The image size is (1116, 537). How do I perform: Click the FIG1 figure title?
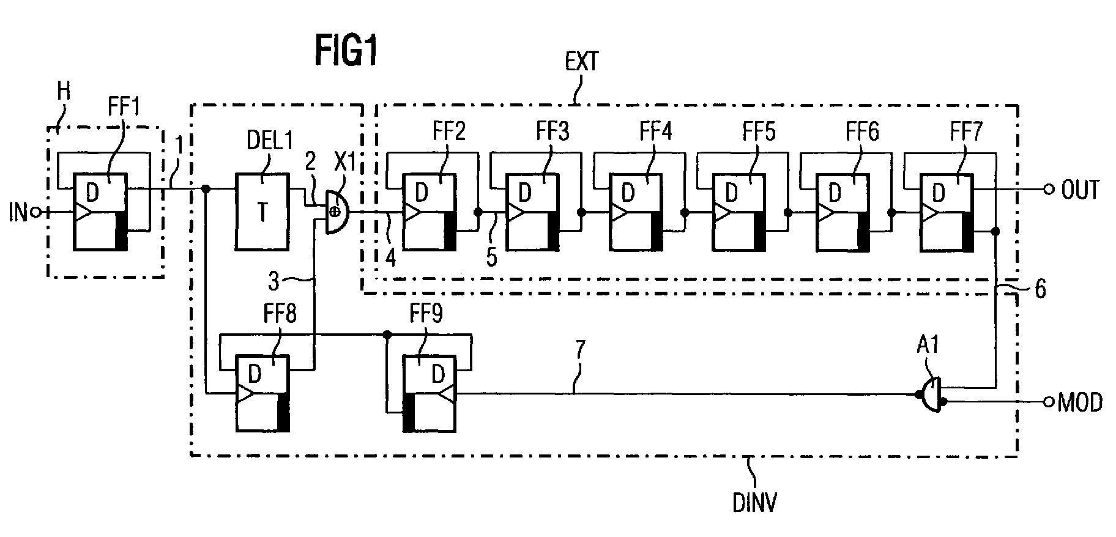point(346,50)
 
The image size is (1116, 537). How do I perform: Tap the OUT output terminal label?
point(1080,190)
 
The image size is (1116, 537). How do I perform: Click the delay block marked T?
point(262,212)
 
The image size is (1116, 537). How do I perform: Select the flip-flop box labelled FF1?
point(100,212)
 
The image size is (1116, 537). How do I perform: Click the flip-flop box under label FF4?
point(636,212)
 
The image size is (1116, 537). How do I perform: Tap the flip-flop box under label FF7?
point(947,212)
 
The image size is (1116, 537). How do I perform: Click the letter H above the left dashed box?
point(64,92)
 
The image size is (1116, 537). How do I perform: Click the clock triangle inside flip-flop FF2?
point(410,212)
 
